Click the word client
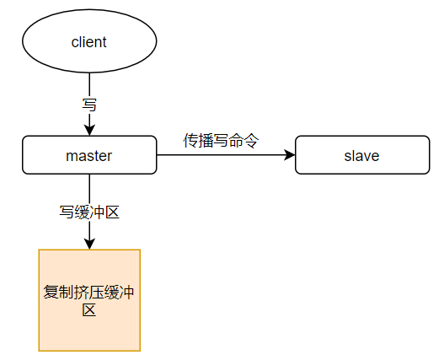(x=89, y=42)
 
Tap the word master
(x=89, y=156)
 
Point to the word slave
(x=361, y=156)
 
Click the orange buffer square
(x=89, y=300)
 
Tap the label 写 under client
(x=89, y=105)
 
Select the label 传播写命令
(x=221, y=140)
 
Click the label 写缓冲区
(x=89, y=212)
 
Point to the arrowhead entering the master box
(x=89, y=130)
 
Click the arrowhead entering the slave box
(x=289, y=155)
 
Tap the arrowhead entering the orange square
(x=89, y=244)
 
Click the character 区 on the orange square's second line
(x=89, y=309)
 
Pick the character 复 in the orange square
(x=51, y=292)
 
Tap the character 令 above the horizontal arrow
(x=251, y=140)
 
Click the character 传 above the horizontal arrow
(x=190, y=140)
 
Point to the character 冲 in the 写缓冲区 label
(x=97, y=212)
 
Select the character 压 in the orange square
(x=97, y=292)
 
